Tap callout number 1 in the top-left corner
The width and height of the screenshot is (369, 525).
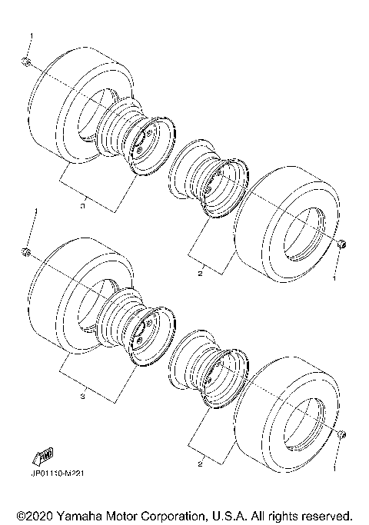pyautogui.click(x=31, y=36)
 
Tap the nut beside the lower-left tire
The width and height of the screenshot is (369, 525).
pyautogui.click(x=26, y=251)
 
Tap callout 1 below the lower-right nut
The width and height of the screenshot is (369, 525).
pyautogui.click(x=334, y=467)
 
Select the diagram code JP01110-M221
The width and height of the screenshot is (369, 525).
pyautogui.click(x=58, y=473)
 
